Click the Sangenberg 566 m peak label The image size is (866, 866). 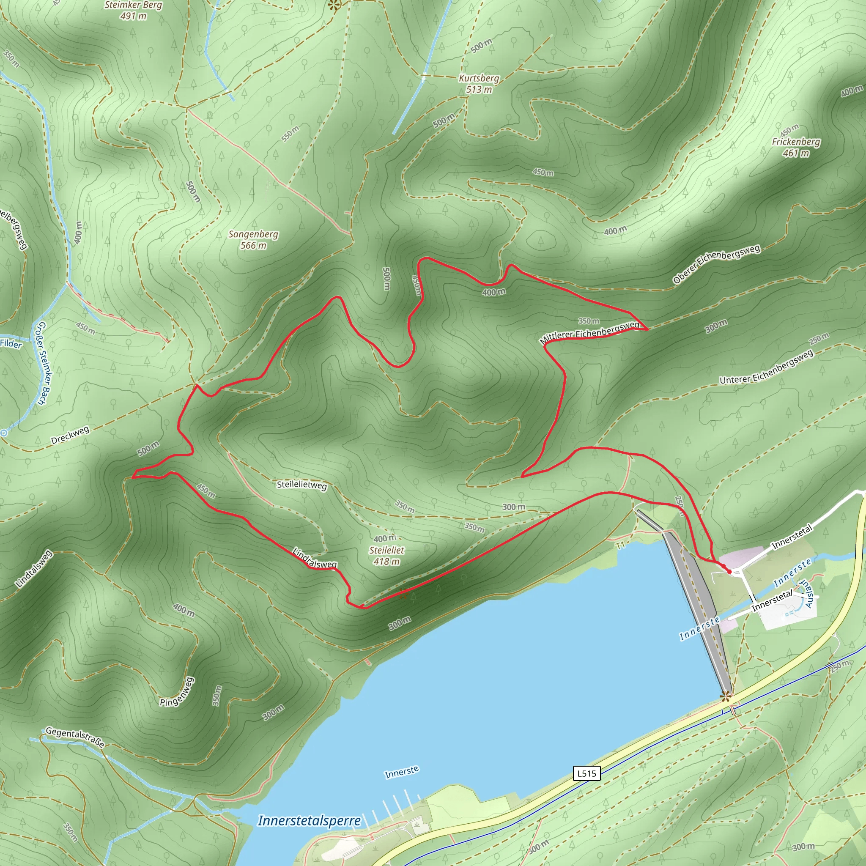tap(253, 240)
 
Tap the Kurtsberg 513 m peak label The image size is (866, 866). tap(479, 84)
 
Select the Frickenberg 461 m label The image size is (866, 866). tap(796, 148)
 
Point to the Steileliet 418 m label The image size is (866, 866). tap(386, 555)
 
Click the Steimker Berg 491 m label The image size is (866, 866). tap(133, 10)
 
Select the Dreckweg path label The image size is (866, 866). tap(70, 435)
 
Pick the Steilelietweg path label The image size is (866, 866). tap(301, 485)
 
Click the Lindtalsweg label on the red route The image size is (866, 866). tap(314, 559)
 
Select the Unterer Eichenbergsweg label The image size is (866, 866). tap(766, 367)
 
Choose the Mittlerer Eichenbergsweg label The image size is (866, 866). tap(590, 332)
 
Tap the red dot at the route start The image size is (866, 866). tap(729, 572)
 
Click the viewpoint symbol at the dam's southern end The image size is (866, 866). tap(725, 696)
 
